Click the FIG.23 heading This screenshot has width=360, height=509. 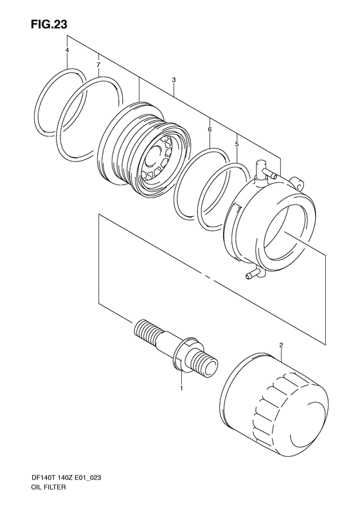coord(49,24)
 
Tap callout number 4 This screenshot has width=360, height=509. coord(67,50)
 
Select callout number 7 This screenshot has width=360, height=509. coord(98,65)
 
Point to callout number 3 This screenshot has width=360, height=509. coord(174,80)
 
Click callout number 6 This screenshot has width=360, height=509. coord(210,129)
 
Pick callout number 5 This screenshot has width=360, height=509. coord(237,143)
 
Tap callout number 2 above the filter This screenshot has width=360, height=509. coord(281,346)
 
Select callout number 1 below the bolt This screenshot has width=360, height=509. coord(181,388)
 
